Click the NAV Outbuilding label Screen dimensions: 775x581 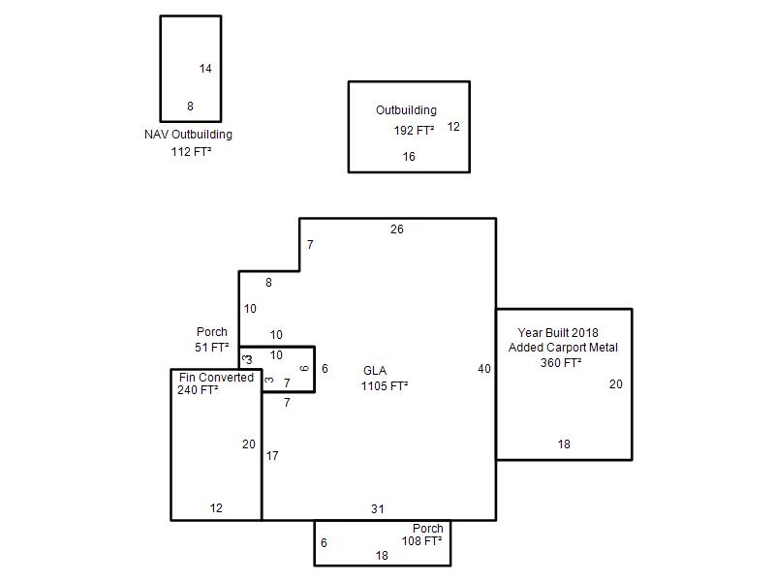188,135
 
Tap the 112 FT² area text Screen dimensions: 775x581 191,152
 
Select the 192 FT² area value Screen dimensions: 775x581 415,131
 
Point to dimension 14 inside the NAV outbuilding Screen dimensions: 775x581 205,69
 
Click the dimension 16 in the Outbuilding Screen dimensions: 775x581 409,157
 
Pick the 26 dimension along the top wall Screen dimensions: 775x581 397,229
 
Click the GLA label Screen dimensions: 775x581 375,371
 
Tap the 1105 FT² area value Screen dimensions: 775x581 385,385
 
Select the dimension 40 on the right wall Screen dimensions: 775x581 484,369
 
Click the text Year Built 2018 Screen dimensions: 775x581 558,332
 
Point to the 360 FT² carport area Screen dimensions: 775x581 561,362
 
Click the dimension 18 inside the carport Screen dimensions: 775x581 564,444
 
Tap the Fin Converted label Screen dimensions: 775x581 216,378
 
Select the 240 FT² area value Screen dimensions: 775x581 198,390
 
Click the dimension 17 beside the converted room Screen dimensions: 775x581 272,456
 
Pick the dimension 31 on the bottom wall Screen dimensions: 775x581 378,509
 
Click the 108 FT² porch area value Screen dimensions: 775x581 421,541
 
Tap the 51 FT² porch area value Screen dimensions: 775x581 211,348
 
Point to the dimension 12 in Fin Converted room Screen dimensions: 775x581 216,507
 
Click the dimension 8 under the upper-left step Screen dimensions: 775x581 268,283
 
